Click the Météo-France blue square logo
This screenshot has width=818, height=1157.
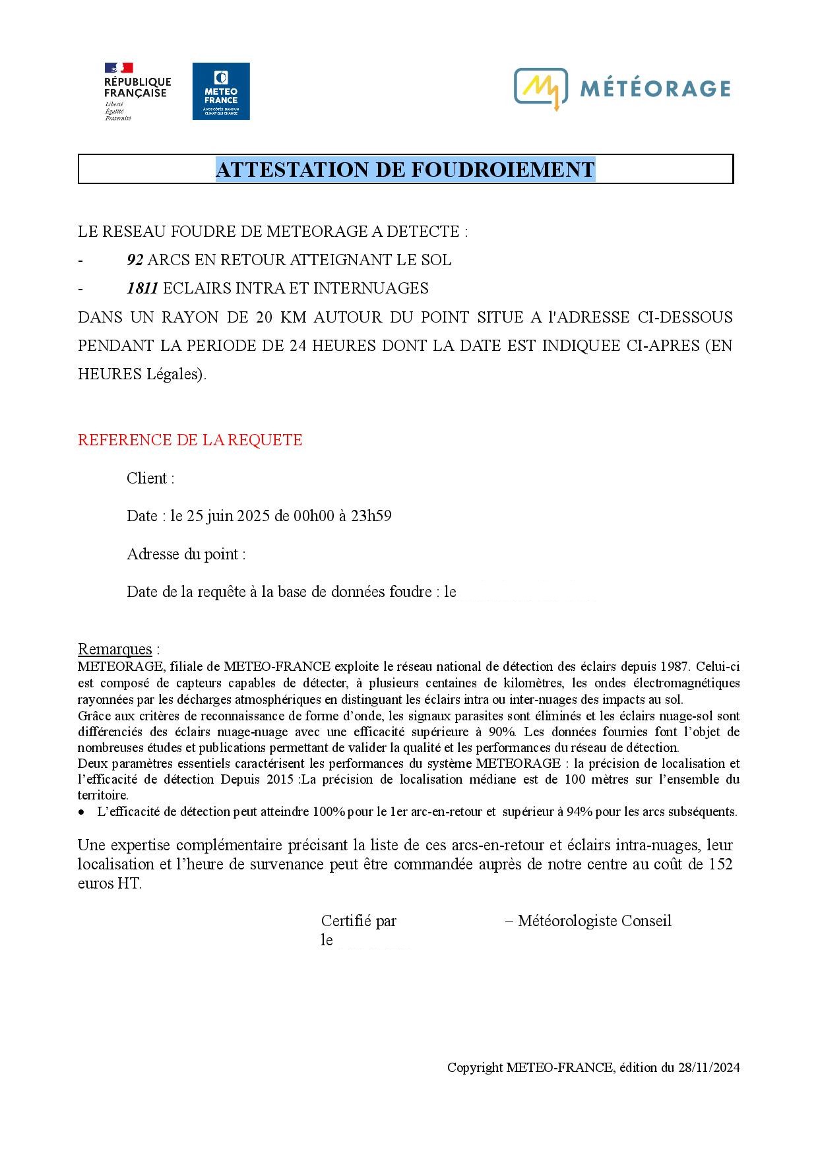[x=221, y=91]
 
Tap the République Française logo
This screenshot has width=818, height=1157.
[x=137, y=91]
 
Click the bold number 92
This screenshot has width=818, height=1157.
[x=135, y=260]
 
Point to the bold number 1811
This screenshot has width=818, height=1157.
[x=142, y=288]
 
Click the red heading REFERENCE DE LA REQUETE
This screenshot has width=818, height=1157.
[x=190, y=440]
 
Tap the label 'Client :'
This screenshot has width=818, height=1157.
[x=150, y=478]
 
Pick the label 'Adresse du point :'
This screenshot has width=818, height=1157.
[x=186, y=554]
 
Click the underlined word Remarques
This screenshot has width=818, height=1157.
[x=115, y=649]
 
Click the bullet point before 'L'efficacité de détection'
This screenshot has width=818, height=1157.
[x=82, y=812]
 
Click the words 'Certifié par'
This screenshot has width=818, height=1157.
[x=359, y=921]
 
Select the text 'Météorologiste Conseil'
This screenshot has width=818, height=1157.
[x=594, y=921]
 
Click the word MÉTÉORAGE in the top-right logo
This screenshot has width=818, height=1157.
[x=655, y=88]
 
